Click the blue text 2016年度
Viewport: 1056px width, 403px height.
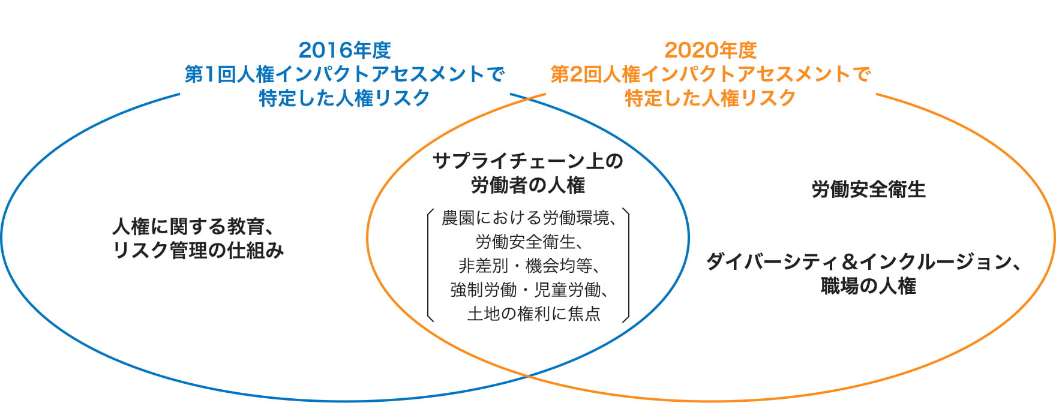point(344,50)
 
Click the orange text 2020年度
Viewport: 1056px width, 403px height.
point(710,50)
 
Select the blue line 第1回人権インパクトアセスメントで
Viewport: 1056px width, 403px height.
point(344,74)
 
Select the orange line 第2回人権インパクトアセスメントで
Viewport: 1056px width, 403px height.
point(710,74)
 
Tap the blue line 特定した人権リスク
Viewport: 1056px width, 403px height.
point(344,98)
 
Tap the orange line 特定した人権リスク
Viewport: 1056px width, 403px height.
point(710,98)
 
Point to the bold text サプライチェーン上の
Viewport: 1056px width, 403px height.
point(528,161)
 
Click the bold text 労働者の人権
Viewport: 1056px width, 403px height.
point(528,185)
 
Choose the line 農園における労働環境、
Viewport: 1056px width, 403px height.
point(529,218)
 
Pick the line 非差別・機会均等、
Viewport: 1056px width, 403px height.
point(529,266)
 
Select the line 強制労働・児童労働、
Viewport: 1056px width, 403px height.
point(529,290)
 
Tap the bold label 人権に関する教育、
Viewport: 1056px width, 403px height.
point(194,227)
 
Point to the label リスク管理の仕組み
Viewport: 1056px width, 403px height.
point(198,251)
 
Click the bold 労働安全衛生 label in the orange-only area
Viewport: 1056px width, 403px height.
point(868,190)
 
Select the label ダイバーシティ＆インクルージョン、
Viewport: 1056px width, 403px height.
point(863,262)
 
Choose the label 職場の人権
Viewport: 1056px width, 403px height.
point(868,286)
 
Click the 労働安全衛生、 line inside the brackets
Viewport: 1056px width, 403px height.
point(529,242)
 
